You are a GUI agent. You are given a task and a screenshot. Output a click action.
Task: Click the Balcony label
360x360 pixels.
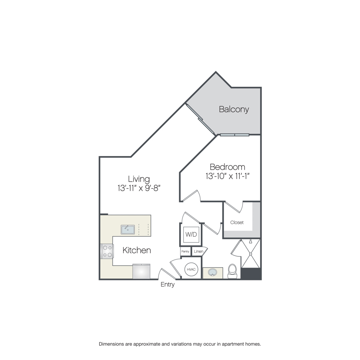tap(234, 109)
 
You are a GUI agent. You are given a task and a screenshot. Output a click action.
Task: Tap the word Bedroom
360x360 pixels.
tap(227, 167)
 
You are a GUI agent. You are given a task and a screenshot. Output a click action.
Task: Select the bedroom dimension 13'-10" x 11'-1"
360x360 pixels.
tap(228, 176)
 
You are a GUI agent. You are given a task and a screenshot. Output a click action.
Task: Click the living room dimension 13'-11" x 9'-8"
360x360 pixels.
tap(139, 188)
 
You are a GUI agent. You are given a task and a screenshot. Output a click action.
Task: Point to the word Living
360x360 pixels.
tap(139, 179)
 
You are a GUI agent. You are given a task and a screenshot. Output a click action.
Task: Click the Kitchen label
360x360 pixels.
tap(137, 250)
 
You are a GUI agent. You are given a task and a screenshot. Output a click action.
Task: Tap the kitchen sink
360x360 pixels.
tap(128, 229)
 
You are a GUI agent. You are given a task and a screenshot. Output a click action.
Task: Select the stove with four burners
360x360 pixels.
tap(107, 251)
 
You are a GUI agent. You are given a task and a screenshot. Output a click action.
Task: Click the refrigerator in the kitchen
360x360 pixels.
tap(142, 271)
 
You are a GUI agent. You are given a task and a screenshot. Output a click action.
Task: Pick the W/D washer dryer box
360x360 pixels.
tap(191, 234)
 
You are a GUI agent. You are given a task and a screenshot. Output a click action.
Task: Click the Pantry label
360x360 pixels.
tap(185, 252)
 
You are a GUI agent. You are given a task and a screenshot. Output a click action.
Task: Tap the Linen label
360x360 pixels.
tap(198, 252)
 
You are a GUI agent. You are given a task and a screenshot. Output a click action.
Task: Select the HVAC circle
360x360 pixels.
tap(191, 269)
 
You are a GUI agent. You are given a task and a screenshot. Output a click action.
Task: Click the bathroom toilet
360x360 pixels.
tap(232, 271)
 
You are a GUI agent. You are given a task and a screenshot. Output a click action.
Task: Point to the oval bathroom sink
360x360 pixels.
tap(212, 272)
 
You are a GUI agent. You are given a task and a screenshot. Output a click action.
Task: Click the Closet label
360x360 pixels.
tap(237, 222)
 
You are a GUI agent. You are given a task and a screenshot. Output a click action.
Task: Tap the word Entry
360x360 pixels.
tap(168, 284)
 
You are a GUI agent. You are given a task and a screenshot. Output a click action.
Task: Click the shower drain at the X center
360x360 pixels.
tap(251, 254)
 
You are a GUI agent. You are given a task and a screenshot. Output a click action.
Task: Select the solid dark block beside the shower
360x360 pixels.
tap(251, 274)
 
